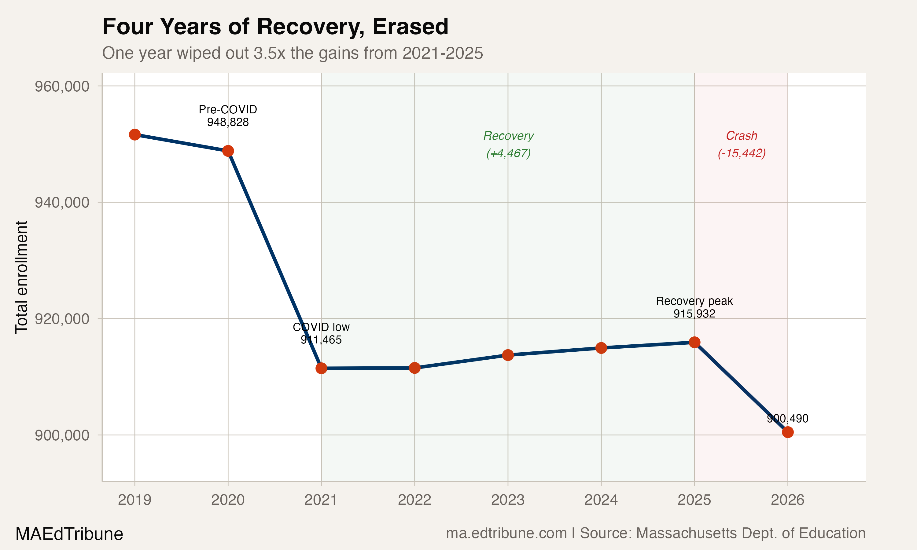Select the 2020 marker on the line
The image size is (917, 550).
point(228,151)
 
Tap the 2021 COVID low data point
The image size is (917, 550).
point(321,368)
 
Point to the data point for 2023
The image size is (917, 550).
point(508,355)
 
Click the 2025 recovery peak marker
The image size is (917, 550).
point(694,342)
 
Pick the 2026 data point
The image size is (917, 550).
point(788,432)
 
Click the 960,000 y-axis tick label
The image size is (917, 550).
point(62,86)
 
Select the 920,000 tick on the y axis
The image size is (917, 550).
point(62,319)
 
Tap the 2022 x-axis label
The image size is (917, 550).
point(414,500)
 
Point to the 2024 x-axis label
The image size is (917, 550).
point(601,500)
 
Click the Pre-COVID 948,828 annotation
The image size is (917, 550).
point(228,116)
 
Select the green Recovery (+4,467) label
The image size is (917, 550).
point(509,144)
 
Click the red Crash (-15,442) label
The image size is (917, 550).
point(742,144)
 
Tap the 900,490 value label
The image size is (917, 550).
point(787,418)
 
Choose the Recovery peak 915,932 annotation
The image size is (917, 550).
point(694,307)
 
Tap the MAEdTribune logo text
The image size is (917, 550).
point(69,534)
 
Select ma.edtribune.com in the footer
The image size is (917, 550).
point(506,533)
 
